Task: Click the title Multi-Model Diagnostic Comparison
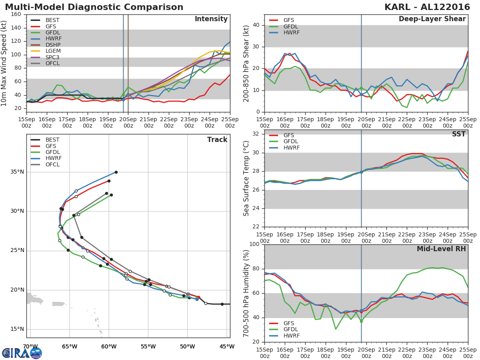(x=94, y=7)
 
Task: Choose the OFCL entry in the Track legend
(x=52, y=164)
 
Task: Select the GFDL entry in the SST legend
(x=291, y=142)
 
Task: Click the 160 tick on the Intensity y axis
(x=17, y=14)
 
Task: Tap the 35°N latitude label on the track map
(x=17, y=172)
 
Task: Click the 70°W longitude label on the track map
(x=30, y=346)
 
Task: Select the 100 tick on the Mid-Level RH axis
(x=254, y=244)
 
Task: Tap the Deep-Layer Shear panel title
(x=432, y=19)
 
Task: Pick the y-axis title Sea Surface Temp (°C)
(x=246, y=178)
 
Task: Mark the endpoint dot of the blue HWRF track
(x=116, y=172)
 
